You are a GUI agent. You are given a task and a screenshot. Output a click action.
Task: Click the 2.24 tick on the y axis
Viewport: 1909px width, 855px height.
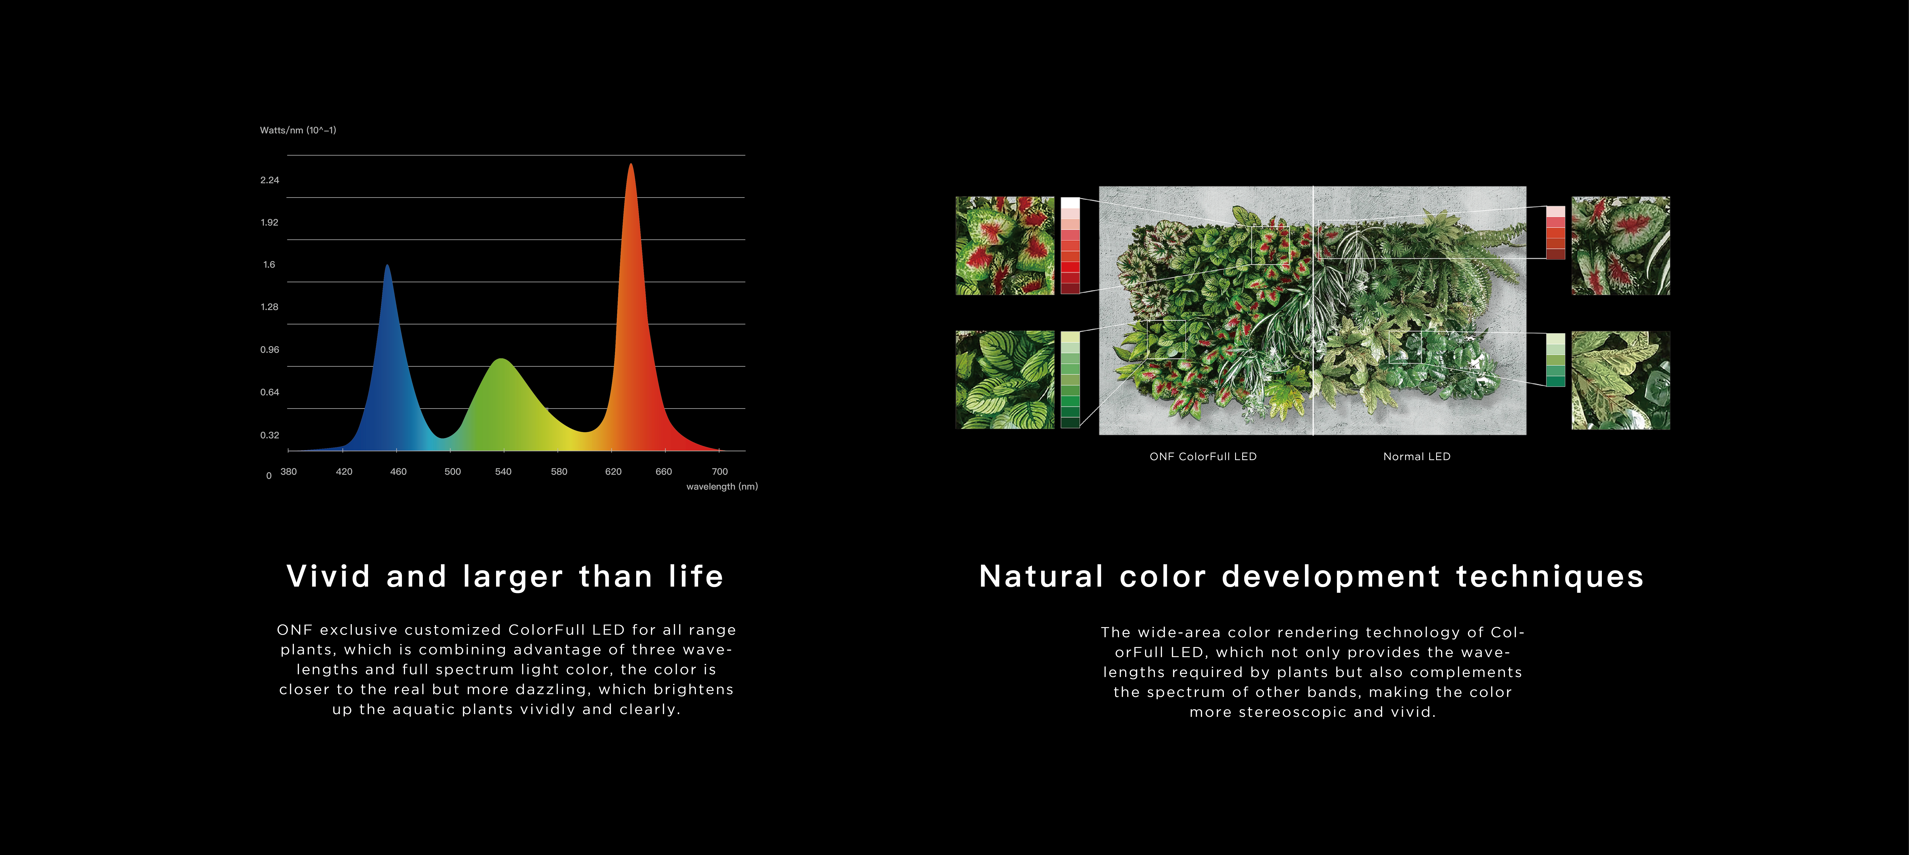[270, 180]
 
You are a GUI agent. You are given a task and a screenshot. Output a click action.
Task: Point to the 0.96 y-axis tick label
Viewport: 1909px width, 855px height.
[270, 350]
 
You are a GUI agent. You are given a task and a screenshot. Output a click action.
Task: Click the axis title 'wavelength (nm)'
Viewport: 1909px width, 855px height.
[722, 487]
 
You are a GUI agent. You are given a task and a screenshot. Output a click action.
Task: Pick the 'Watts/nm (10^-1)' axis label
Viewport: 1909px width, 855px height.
[298, 130]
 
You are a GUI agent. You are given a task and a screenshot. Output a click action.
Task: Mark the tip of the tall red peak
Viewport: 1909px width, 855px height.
[631, 164]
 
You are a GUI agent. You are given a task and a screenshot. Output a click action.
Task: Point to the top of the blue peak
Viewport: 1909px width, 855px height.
[387, 264]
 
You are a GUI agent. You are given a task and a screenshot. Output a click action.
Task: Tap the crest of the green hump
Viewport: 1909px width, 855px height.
[502, 359]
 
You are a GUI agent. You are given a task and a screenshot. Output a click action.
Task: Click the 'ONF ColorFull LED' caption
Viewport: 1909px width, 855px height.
[1203, 456]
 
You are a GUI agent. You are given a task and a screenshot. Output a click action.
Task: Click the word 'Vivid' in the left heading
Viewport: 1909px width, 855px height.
[328, 576]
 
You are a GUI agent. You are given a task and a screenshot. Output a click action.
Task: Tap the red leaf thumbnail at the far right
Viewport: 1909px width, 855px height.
[1621, 246]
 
